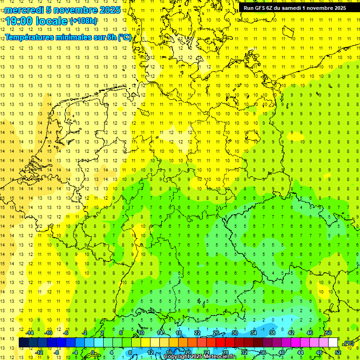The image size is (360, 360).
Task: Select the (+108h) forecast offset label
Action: tap(84, 21)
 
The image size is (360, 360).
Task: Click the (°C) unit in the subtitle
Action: tap(124, 37)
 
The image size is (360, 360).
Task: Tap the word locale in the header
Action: tap(52, 21)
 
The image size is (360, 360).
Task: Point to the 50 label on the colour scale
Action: tap(329, 333)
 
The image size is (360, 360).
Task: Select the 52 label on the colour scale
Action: tap(338, 352)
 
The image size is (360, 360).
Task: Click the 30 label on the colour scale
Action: tap(235, 333)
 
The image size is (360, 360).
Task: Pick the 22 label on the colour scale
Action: tap(197, 333)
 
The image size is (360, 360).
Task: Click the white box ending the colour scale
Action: tap(333, 343)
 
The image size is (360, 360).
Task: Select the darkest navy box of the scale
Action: tap(23, 343)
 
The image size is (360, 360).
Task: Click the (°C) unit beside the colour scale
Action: tap(349, 343)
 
